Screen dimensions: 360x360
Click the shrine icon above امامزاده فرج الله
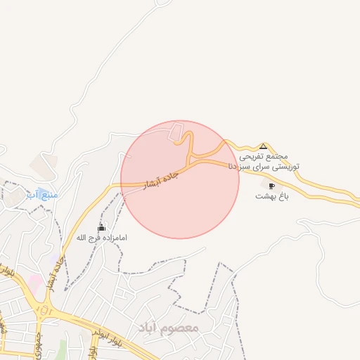pos(102,228)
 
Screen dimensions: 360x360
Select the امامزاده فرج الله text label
pos(102,238)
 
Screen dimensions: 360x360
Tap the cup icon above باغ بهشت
pos(271,186)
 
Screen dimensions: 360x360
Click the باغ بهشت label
pos(267,197)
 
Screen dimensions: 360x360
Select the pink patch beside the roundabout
pos(33,285)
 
